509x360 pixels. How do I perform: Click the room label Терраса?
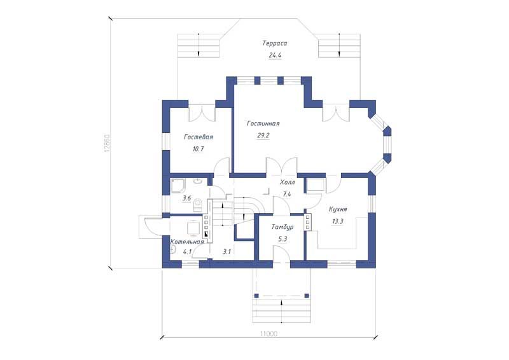[x=275, y=43]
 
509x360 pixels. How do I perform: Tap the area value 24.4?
[x=275, y=55]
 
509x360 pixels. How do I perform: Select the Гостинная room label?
[x=263, y=123]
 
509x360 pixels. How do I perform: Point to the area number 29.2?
[x=263, y=135]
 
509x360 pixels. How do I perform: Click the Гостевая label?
[x=199, y=137]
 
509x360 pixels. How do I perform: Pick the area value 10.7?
[x=198, y=149]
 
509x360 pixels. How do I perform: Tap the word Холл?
[x=288, y=183]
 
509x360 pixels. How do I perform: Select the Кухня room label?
[x=338, y=209]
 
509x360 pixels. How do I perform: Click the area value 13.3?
[x=338, y=222]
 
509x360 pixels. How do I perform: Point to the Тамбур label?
[x=282, y=227]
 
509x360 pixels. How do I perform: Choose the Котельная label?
[x=187, y=242]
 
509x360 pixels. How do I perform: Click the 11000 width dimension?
[x=268, y=333]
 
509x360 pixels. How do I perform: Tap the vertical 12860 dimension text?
[x=108, y=143]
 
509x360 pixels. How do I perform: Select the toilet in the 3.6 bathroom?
[x=197, y=205]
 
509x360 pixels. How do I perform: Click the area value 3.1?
[x=227, y=252]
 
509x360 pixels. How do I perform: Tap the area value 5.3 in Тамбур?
[x=282, y=239]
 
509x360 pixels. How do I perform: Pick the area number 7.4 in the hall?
[x=287, y=195]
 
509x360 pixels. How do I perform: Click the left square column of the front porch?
[x=256, y=296]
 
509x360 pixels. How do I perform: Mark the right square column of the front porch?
[x=307, y=296]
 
